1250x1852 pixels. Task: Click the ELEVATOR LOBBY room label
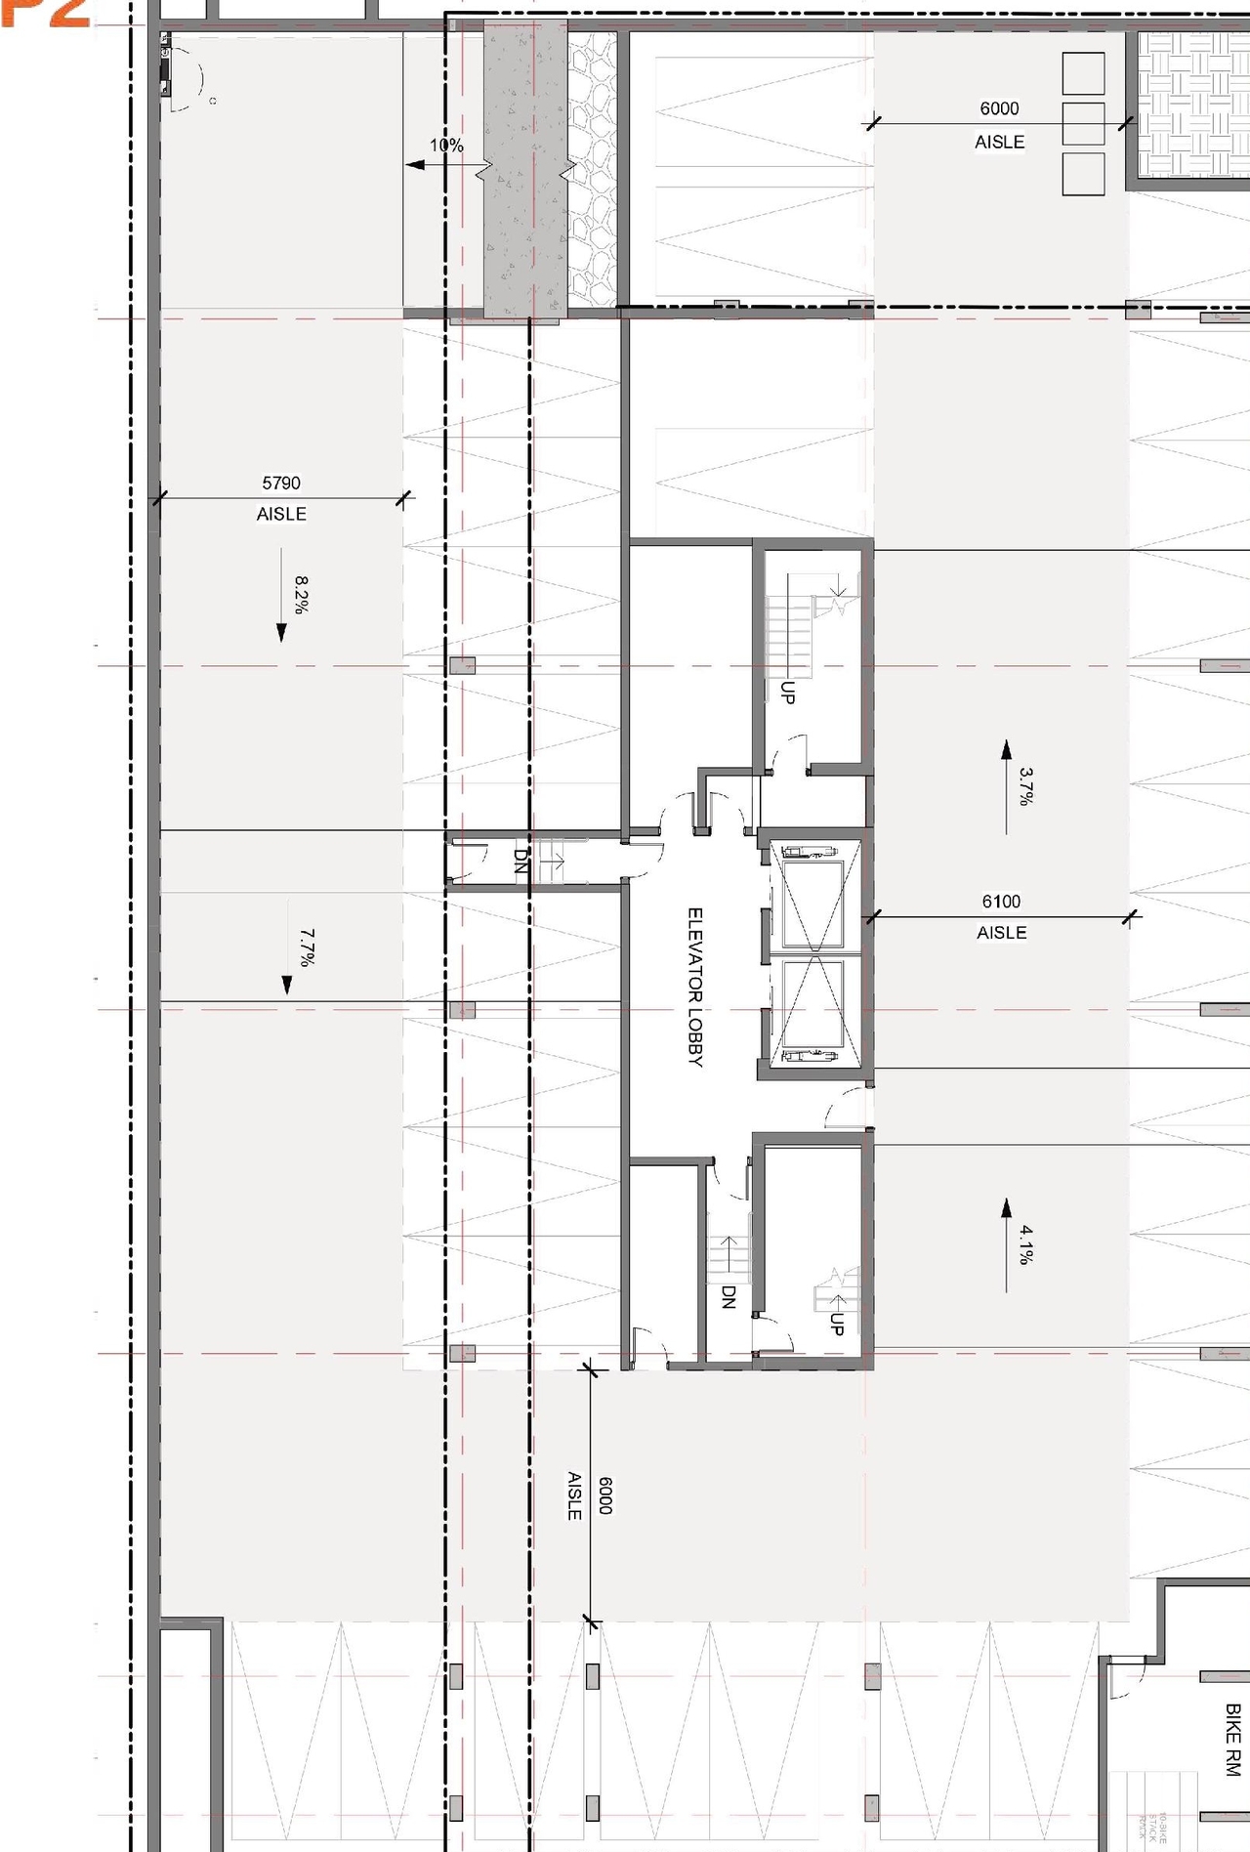pos(695,987)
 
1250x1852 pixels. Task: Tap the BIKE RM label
pos(1232,1740)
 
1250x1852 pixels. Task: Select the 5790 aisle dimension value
pos(281,483)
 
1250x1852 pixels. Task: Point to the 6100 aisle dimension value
pos(1001,902)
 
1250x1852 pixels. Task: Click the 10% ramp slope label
pos(446,146)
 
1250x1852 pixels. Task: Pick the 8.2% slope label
pos(302,594)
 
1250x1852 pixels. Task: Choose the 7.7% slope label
pos(307,947)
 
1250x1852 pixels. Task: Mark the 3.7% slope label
pos(1026,785)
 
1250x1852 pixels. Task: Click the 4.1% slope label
pos(1026,1244)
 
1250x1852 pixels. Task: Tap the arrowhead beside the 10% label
pos(414,165)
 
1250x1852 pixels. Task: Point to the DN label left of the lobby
pos(521,860)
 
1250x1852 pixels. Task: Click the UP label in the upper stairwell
pos(788,693)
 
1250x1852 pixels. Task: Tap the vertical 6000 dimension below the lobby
pos(604,1494)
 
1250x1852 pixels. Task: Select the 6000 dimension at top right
pos(999,108)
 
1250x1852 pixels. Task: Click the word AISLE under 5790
pos(281,514)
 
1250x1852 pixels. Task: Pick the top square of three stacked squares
pos(1083,74)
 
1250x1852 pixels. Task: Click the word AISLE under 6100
pos(1001,933)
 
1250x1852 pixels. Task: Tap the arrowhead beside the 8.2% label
pos(281,633)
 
